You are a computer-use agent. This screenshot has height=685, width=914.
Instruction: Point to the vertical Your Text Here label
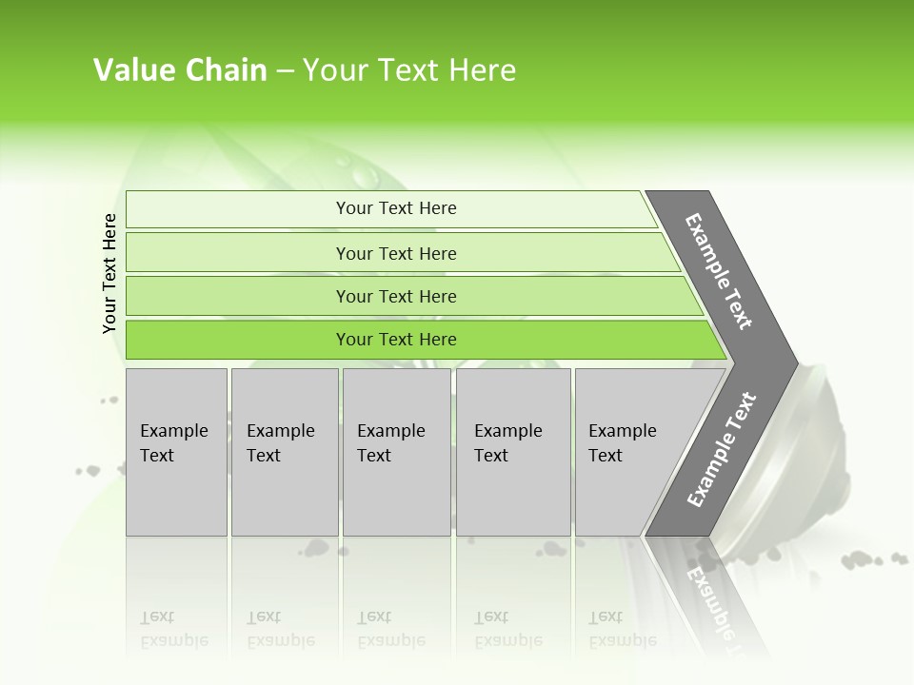tap(109, 273)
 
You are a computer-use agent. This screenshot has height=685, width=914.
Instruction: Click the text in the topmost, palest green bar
tap(396, 208)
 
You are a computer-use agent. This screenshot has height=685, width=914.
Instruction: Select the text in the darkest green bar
tap(396, 340)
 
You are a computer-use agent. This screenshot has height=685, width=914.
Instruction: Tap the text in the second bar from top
tap(396, 254)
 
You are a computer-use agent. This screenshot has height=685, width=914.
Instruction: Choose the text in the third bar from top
tap(396, 297)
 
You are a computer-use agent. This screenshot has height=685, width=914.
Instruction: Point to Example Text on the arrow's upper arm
tap(719, 271)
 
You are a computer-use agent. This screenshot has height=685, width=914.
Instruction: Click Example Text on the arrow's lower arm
tap(722, 449)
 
